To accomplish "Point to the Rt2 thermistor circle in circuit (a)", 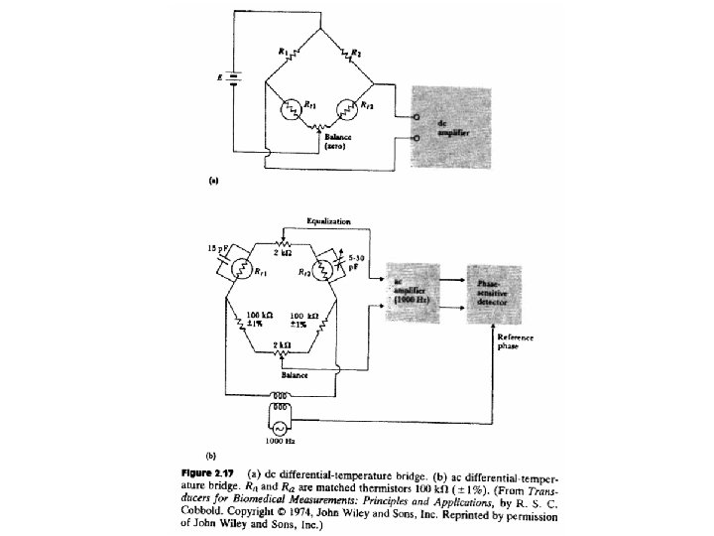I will pyautogui.click(x=349, y=110).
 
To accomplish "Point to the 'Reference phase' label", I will pyautogui.click(x=515, y=341).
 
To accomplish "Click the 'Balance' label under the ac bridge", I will pyautogui.click(x=294, y=374).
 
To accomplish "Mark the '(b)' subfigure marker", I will pyautogui.click(x=211, y=455).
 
